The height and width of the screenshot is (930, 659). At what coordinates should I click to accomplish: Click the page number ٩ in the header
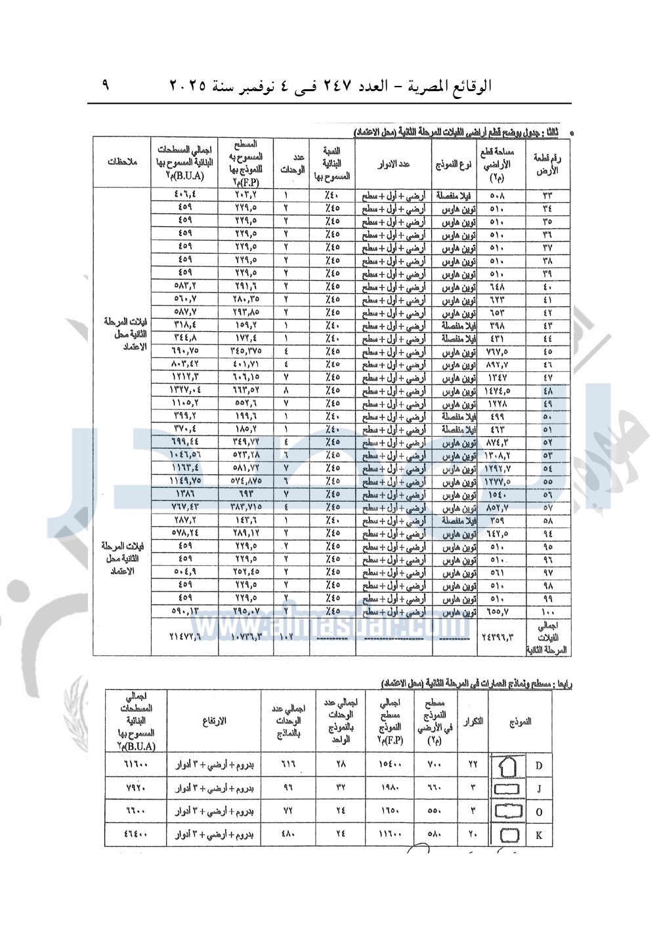coord(106,85)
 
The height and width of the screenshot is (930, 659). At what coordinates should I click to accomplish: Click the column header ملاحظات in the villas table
coord(122,162)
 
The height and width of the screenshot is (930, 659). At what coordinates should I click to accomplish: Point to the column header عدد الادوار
coord(394,163)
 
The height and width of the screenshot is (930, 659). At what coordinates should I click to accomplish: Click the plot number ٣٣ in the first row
coord(547,195)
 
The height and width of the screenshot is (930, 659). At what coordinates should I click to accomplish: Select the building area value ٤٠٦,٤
coord(185,195)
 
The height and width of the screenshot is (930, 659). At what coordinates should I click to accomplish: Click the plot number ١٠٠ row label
coord(547,612)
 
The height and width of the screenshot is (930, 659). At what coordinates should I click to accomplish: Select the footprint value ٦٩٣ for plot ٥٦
coord(245,495)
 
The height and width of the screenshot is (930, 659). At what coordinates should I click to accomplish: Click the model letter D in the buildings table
coord(539,765)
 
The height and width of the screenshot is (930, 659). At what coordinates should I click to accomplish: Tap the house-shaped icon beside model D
coord(509,765)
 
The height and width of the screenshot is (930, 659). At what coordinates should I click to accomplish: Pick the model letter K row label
coord(539,836)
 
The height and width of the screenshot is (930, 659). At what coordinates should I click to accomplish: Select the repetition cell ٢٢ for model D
coord(473,765)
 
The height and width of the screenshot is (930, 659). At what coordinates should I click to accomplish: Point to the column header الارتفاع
coord(215,721)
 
